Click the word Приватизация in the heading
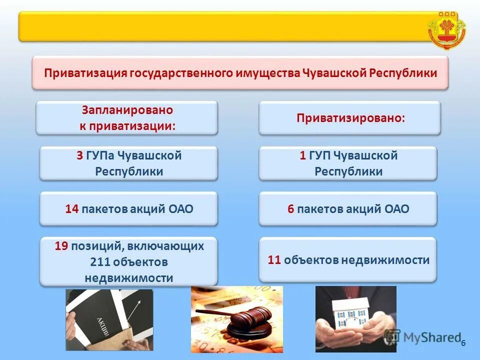click(86, 73)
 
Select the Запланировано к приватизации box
click(127, 118)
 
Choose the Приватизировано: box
click(349, 118)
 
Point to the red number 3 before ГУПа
click(79, 155)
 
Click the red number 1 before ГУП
click(302, 155)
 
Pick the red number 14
click(71, 209)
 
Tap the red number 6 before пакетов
click(290, 209)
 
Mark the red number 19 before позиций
click(61, 245)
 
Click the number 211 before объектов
click(100, 262)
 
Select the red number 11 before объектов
click(274, 260)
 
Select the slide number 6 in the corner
click(463, 343)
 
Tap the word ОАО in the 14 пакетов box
click(182, 209)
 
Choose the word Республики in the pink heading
click(403, 73)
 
